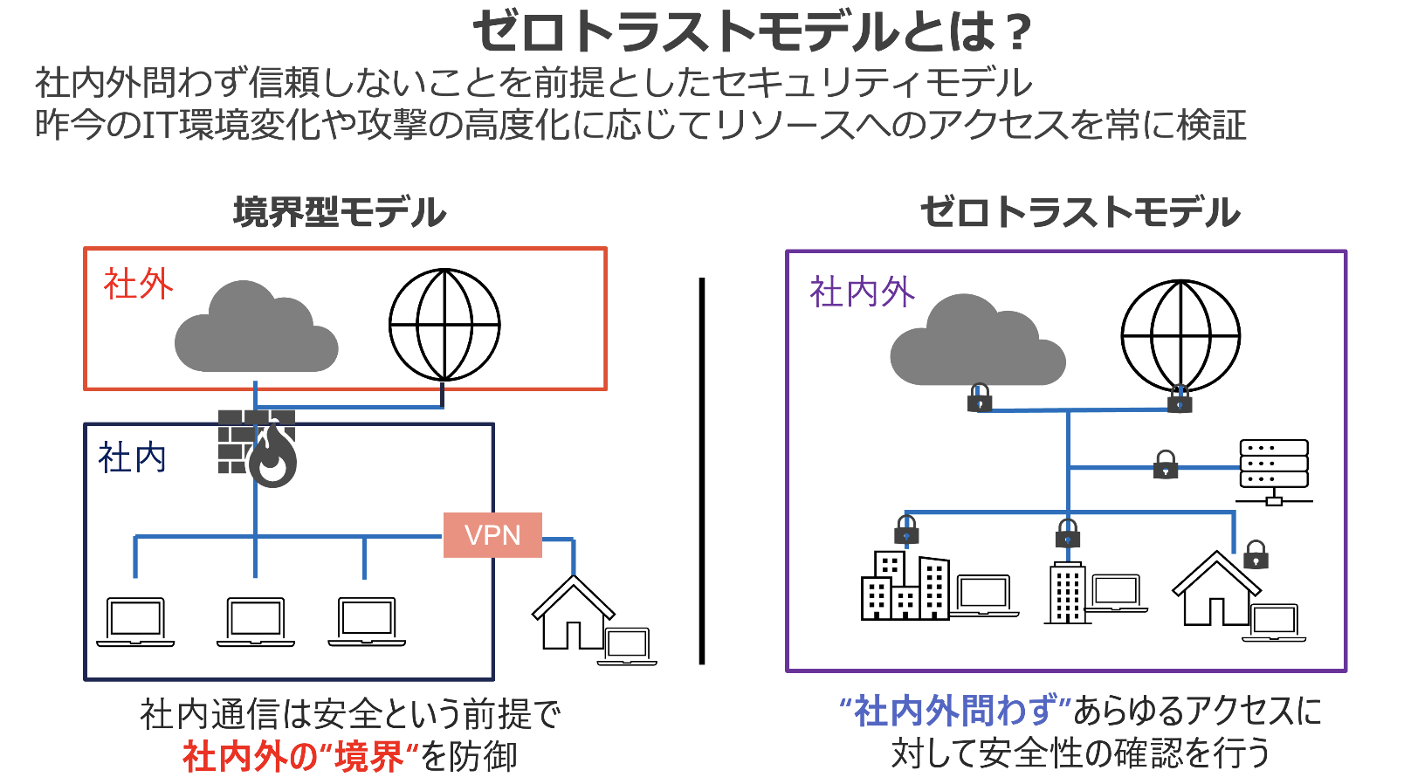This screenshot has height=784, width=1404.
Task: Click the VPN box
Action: tap(492, 534)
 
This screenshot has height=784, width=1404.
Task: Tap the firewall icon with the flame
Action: tap(258, 446)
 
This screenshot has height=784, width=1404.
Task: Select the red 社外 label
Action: tap(138, 285)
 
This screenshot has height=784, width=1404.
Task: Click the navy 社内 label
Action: tap(132, 457)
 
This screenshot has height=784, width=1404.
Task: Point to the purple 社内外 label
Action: tap(861, 292)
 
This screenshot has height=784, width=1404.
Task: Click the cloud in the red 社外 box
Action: tap(254, 329)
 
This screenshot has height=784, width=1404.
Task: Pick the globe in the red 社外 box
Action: tap(444, 325)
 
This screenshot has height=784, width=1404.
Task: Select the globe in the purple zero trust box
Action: tap(1180, 335)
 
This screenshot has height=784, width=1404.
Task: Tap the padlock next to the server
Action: tap(1165, 464)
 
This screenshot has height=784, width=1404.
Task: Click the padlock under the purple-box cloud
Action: tap(980, 398)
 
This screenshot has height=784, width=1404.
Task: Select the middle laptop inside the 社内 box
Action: tap(255, 622)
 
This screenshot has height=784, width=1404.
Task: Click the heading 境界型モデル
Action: tap(340, 212)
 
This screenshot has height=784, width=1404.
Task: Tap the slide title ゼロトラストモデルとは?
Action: tap(752, 32)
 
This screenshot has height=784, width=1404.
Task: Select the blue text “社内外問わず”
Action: tap(954, 712)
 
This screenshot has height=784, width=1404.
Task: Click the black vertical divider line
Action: tap(701, 471)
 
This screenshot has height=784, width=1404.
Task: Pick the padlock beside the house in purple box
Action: tap(1255, 554)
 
